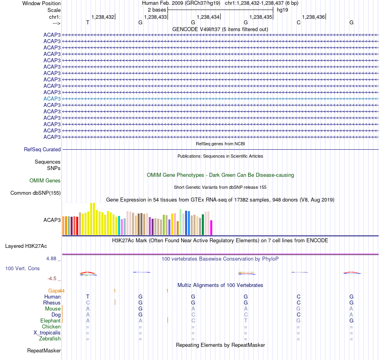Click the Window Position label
[x=41, y=3]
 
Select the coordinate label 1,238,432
[x=103, y=17]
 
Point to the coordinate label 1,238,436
[x=313, y=17]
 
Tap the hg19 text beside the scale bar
[x=282, y=10]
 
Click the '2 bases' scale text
[x=157, y=10]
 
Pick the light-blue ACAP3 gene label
[x=52, y=99]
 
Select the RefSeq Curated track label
[x=42, y=149]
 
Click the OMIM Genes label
[x=45, y=180]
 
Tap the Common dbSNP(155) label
[x=36, y=193]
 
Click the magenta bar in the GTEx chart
[x=211, y=227]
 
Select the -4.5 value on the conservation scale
[x=52, y=279]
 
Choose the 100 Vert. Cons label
[x=22, y=268]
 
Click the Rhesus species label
[x=52, y=303]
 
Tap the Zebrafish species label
[x=50, y=338]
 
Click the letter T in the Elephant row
[x=246, y=320]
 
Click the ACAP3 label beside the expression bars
[x=52, y=220]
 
